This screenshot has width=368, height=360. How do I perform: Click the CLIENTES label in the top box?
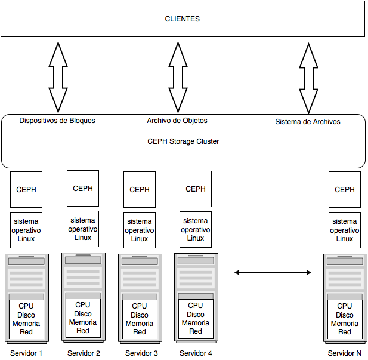[x=182, y=19]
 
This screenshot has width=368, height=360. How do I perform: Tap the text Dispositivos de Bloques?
[x=57, y=121]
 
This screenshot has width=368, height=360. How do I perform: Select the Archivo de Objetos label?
[x=177, y=121]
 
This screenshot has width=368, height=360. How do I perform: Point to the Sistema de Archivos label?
[x=307, y=122]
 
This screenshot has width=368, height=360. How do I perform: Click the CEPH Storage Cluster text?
[x=183, y=141]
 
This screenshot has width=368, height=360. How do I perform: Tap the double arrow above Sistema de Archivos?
[x=309, y=77]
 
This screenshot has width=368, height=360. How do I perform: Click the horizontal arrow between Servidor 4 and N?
[x=273, y=273]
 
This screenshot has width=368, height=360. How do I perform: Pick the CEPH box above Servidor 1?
[x=26, y=190]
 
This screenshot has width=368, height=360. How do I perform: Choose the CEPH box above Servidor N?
[x=345, y=190]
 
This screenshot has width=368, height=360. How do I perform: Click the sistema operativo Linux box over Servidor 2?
[x=83, y=229]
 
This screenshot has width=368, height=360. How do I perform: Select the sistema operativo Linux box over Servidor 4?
[x=196, y=229]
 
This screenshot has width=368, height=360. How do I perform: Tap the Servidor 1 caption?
[x=26, y=353]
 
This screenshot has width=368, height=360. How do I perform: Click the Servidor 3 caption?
[x=141, y=353]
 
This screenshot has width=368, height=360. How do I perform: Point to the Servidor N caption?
[x=345, y=353]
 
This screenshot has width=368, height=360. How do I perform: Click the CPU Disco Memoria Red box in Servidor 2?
[x=83, y=318]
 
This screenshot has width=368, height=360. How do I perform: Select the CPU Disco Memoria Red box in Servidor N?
[x=345, y=319]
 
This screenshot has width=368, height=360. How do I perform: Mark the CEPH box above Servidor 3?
[x=140, y=190]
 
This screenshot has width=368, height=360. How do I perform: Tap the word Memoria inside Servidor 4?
[x=196, y=323]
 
